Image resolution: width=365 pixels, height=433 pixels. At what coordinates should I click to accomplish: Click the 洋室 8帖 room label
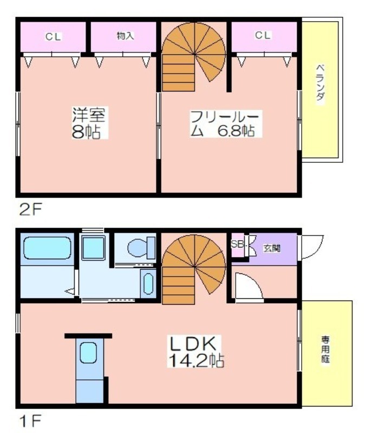click(x=89, y=122)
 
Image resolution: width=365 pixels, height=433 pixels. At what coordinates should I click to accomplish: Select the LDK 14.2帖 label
click(x=195, y=351)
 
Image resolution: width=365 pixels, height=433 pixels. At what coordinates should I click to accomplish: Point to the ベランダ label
click(x=320, y=83)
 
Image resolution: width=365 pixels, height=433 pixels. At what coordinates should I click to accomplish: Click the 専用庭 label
click(x=325, y=349)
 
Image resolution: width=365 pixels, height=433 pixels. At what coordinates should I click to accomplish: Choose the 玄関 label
click(x=272, y=248)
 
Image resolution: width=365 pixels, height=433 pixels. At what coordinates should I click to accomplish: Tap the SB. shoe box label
click(x=237, y=244)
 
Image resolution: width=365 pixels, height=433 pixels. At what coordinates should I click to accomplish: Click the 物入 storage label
click(x=125, y=36)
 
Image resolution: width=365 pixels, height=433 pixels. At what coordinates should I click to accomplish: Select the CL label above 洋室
click(x=53, y=36)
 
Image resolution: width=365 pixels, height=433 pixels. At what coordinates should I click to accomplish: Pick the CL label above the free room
click(x=263, y=35)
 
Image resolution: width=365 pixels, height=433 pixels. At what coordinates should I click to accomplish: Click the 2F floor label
click(x=30, y=210)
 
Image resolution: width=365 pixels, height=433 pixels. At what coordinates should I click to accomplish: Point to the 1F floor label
click(x=30, y=421)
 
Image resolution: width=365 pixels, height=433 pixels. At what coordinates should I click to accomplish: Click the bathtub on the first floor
click(x=47, y=248)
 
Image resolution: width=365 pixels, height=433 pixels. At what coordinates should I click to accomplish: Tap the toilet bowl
click(x=141, y=247)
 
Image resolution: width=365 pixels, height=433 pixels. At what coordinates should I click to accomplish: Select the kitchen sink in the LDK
click(x=88, y=352)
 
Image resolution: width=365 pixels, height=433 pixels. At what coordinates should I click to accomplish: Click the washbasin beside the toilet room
click(x=148, y=284)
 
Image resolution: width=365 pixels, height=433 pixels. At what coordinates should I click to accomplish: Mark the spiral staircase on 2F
click(x=194, y=57)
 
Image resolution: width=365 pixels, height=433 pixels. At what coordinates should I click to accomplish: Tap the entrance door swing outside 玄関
click(x=312, y=247)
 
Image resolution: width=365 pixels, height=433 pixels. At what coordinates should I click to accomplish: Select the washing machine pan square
click(x=94, y=248)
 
